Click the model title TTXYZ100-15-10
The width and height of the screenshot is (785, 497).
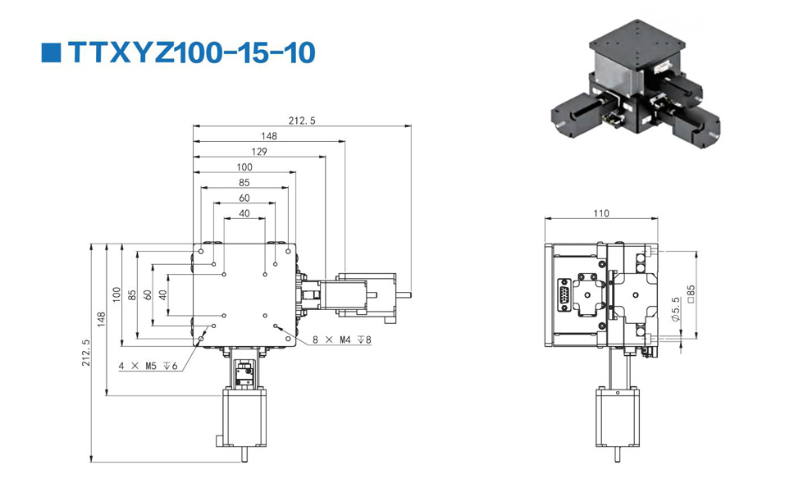click(191, 52)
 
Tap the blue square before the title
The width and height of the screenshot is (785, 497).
click(51, 52)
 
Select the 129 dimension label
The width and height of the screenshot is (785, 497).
click(259, 151)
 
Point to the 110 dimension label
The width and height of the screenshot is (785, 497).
click(600, 213)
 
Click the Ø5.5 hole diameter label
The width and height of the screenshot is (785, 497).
click(676, 309)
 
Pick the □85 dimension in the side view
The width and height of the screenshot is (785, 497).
click(691, 294)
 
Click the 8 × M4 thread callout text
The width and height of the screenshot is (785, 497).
click(342, 340)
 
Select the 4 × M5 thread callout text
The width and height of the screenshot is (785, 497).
click(148, 366)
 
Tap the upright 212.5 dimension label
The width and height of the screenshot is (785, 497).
click(302, 121)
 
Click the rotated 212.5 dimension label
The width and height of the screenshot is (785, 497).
click(85, 353)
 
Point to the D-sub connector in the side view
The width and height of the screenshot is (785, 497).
click(564, 295)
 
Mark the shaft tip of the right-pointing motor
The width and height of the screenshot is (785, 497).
click(411, 294)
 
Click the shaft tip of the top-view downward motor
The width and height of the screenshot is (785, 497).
click(244, 460)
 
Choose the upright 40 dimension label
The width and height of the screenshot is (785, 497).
click(244, 213)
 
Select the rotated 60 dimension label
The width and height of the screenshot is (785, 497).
click(148, 294)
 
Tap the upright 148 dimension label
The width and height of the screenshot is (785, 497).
click(269, 136)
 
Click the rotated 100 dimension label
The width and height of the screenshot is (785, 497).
click(116, 294)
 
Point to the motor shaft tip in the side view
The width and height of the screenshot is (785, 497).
click(618, 459)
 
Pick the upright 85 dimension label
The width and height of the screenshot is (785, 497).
click(244, 183)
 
